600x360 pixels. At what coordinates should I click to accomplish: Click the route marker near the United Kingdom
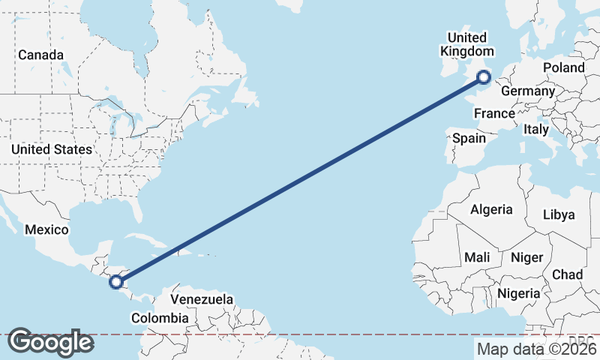click(x=484, y=76)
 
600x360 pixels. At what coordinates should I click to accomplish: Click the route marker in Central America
click(x=115, y=282)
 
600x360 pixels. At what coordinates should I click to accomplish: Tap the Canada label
click(x=40, y=55)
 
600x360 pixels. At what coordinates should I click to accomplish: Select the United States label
click(x=52, y=149)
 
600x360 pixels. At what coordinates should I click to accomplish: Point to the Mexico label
click(x=46, y=229)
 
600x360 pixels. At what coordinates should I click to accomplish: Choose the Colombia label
click(x=160, y=318)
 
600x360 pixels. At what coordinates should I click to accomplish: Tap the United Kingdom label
click(x=466, y=44)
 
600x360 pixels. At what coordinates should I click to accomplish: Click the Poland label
click(x=564, y=67)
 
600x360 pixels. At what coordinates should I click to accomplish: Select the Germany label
click(x=527, y=91)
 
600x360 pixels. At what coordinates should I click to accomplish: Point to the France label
click(x=494, y=114)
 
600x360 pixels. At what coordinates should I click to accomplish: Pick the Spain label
click(x=469, y=138)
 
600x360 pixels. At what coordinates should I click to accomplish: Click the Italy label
click(x=536, y=129)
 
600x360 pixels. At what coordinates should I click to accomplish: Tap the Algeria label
click(x=491, y=209)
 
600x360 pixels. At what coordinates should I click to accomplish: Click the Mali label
click(x=477, y=257)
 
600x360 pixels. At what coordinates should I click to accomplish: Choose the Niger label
click(x=526, y=257)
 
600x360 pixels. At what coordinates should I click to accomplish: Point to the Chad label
click(x=568, y=274)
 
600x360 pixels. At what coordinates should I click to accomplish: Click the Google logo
click(x=50, y=342)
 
